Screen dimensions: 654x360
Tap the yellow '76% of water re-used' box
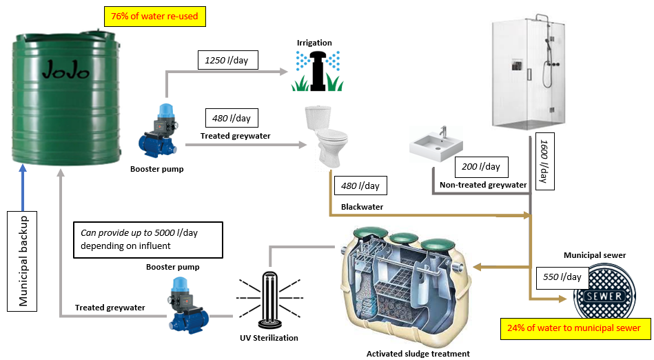[155, 17]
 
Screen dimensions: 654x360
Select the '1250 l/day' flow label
[227, 60]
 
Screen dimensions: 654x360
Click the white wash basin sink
[436, 144]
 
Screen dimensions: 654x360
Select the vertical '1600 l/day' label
[544, 161]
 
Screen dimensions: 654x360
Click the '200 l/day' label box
[481, 167]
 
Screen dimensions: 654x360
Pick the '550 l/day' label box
[562, 277]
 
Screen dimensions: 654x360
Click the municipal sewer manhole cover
[604, 294]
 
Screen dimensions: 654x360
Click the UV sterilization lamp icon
[269, 299]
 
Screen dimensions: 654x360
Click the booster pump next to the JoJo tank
[159, 131]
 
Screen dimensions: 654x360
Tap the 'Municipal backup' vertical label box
[22, 261]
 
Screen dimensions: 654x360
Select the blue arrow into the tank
[23, 188]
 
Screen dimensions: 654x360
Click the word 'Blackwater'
[362, 207]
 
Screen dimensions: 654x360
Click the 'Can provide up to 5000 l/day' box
[148, 240]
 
